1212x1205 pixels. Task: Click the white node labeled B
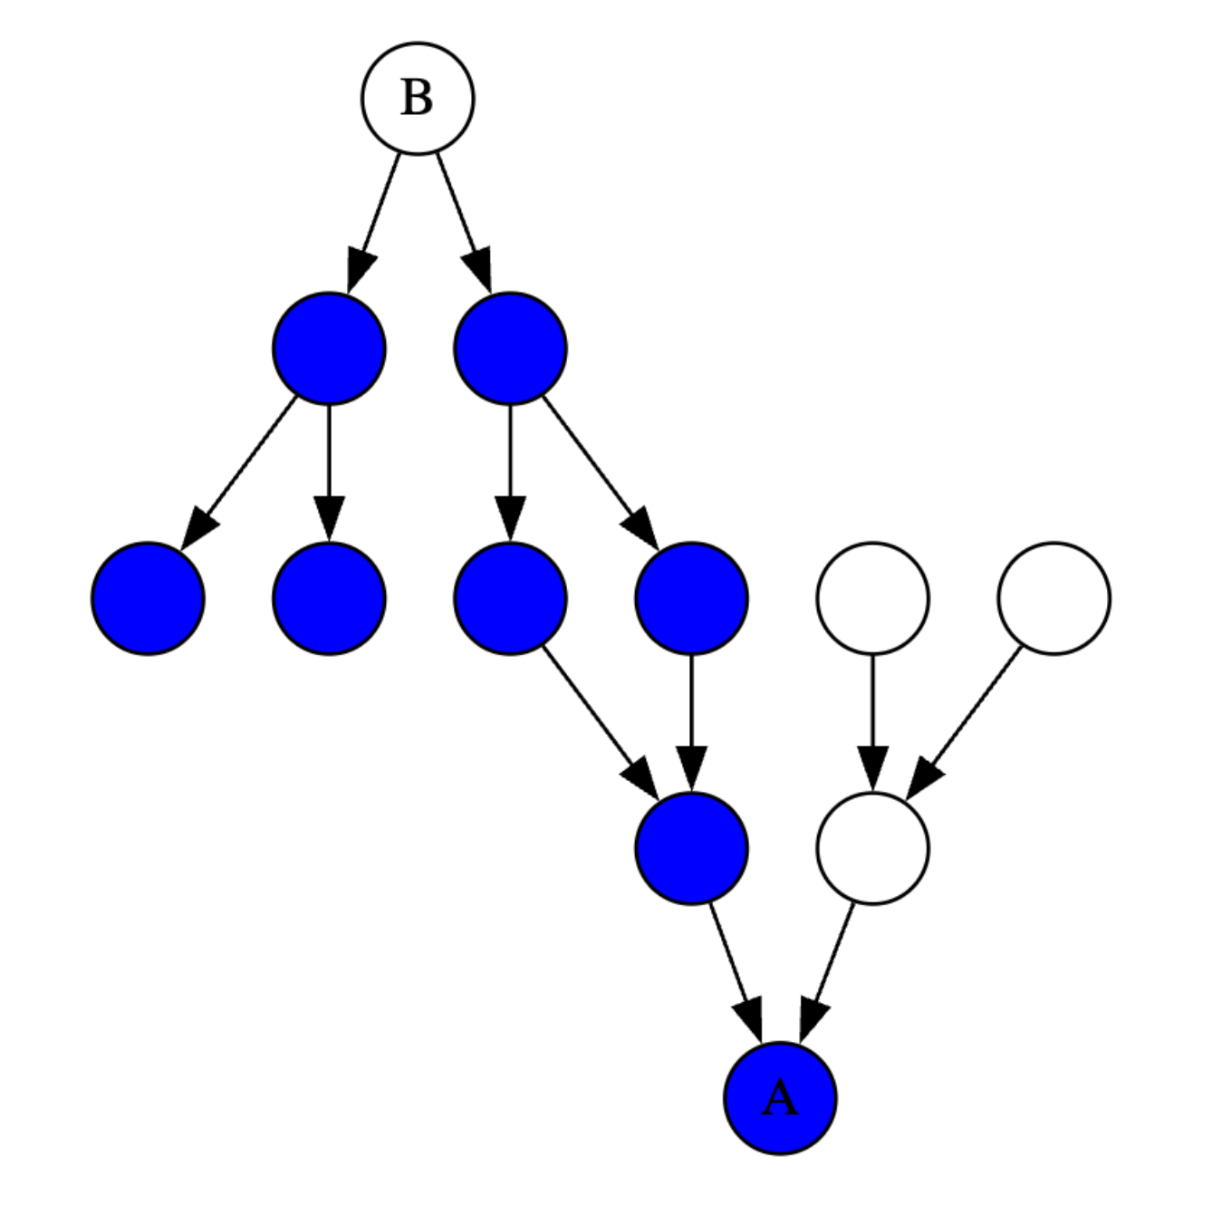coord(418,98)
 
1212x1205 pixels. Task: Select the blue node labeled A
coord(780,1098)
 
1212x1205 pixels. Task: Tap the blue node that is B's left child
coord(329,348)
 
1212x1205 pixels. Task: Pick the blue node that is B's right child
coord(510,348)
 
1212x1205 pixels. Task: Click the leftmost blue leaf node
coord(148,598)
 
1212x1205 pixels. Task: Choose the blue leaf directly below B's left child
coord(329,598)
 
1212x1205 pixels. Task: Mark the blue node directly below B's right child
coord(510,598)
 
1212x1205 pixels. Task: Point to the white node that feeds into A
coord(872,848)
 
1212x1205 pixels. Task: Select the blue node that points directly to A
coord(691,848)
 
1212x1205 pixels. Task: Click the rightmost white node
coord(1053,598)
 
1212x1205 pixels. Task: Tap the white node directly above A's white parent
coord(872,598)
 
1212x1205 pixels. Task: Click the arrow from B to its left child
coord(376,217)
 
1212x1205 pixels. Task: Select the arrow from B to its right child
coord(461,217)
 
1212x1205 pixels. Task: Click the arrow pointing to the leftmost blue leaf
coord(240,471)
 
